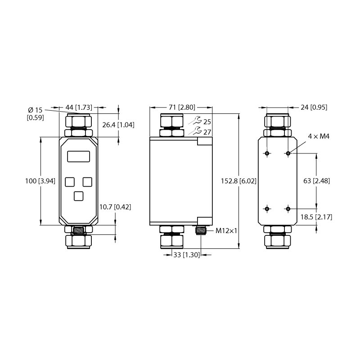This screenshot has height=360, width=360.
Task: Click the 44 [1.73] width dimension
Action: click(79, 107)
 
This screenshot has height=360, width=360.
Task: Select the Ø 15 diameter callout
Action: click(36, 110)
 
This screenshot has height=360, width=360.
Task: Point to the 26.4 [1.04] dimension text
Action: click(118, 125)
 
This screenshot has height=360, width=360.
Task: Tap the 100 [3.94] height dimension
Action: click(40, 181)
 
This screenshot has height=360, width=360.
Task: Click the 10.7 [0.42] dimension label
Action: click(115, 207)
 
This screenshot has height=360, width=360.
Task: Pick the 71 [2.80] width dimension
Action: click(182, 107)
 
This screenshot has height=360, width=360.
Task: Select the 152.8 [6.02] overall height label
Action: click(238, 181)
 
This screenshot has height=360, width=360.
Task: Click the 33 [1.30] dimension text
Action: click(187, 255)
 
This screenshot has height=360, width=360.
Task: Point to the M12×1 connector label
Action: click(226, 231)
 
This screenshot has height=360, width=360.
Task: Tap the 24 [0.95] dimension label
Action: click(314, 107)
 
